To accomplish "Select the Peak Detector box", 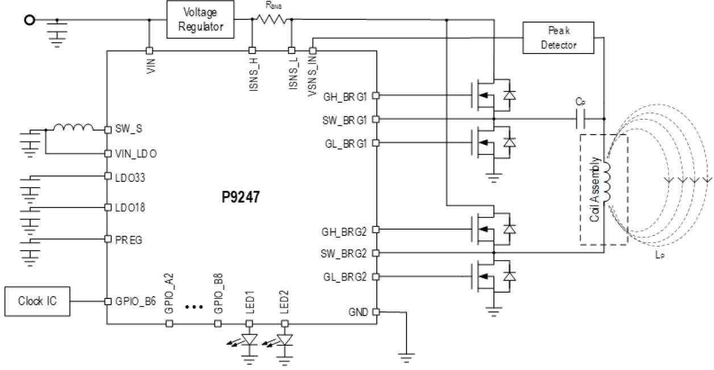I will [x=558, y=38].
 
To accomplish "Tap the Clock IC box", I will [x=37, y=301].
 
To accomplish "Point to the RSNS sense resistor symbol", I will [x=271, y=19].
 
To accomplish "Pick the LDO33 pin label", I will [x=130, y=177].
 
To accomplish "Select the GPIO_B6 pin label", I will [x=135, y=301].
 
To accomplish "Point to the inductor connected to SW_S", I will [x=73, y=128].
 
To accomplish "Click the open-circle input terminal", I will [x=30, y=20].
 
